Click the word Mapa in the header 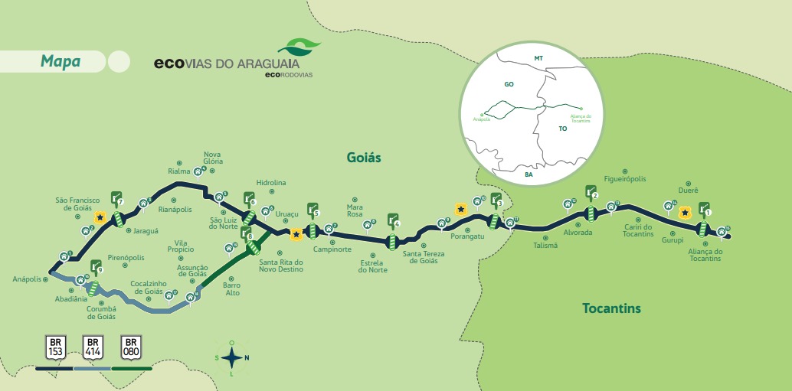point(60,62)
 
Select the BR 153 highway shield point(55,347)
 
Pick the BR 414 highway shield point(93,347)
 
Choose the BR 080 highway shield point(131,347)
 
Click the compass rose point(231,357)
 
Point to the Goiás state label point(363,157)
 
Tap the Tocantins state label point(610,308)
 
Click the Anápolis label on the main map point(27,279)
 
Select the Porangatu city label point(469,236)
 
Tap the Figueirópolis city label point(624,178)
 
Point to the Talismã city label point(545,245)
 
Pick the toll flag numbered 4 point(394,221)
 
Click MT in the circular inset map point(538,58)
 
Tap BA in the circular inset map point(529,174)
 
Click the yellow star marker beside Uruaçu point(296,235)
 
